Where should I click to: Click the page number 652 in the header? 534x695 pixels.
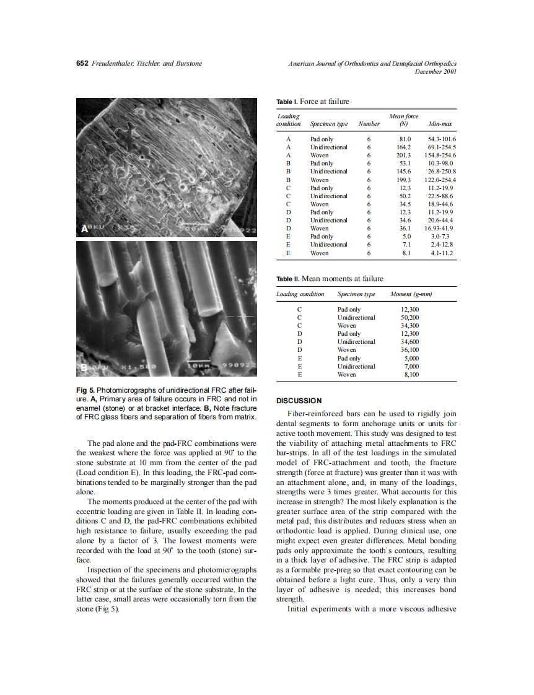[82, 63]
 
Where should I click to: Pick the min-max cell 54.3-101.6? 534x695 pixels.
[442, 139]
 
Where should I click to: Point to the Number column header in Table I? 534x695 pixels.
[369, 124]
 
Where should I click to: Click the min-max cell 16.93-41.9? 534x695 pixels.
[441, 229]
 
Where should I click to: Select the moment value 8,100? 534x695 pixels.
[411, 374]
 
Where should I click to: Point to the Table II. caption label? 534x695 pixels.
[288, 279]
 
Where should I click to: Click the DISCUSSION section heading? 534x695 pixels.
[299, 401]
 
